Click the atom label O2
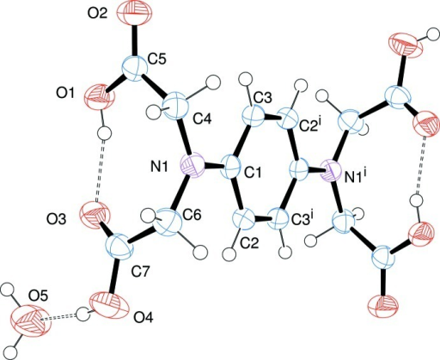pos(97,14)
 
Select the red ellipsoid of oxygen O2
pos(134,13)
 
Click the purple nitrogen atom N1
pos(192,166)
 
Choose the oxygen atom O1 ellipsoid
pos(100,97)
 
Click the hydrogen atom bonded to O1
pos(104,133)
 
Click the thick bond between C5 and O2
pos(134,40)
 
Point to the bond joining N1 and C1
pos(215,166)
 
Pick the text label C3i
pos(302,219)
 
